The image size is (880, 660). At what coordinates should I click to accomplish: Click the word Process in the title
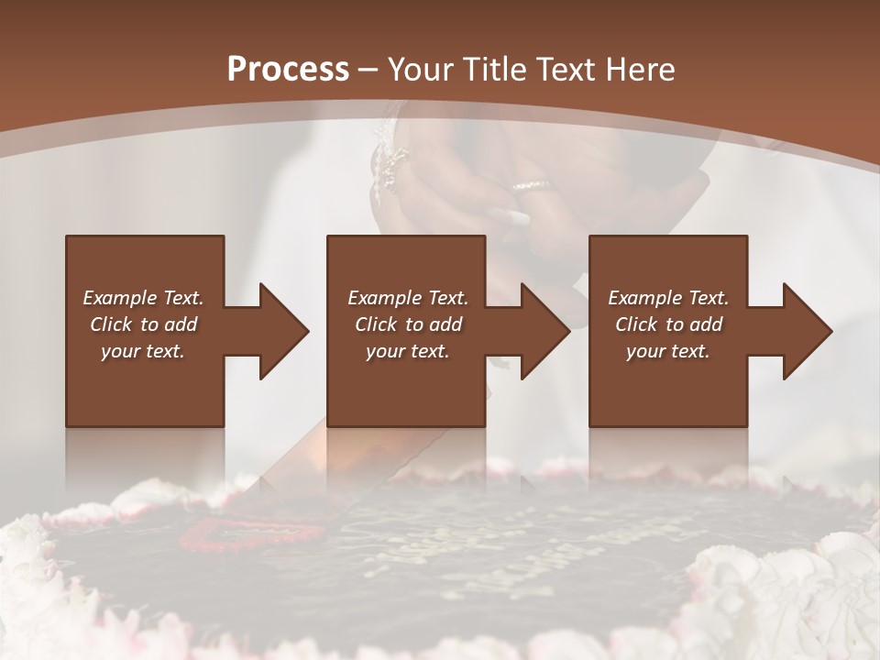coord(288,70)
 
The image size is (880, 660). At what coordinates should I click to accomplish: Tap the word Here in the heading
coord(642,70)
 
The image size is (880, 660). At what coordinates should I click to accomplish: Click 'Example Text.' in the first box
coord(143,298)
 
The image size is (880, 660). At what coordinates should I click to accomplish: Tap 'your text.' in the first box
coord(143,351)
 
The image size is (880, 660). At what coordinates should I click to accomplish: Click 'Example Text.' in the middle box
coord(408,298)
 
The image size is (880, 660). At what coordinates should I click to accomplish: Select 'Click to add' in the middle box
coord(408,324)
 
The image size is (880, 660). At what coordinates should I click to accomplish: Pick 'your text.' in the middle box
coord(408,351)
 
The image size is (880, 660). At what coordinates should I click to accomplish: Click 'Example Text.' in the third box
coord(668,298)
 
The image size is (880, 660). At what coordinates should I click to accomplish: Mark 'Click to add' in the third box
coord(668,324)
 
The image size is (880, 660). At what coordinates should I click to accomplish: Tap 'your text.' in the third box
coord(668,351)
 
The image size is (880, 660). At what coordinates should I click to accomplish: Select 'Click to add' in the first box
coord(143,324)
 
